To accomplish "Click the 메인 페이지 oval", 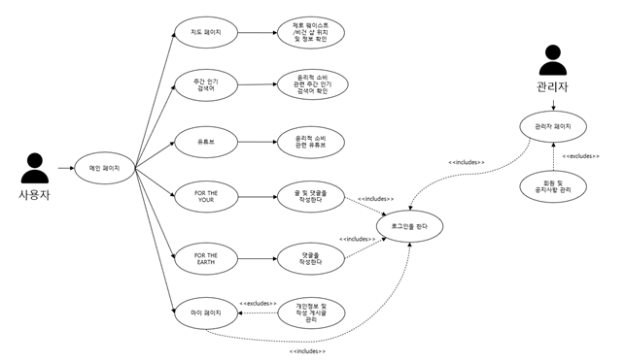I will (x=104, y=168).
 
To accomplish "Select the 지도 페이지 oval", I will (x=206, y=32).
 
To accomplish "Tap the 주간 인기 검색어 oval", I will (x=206, y=84).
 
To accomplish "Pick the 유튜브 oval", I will (x=206, y=142).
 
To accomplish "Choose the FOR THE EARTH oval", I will (x=207, y=257).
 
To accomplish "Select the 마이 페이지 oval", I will (x=206, y=313).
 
